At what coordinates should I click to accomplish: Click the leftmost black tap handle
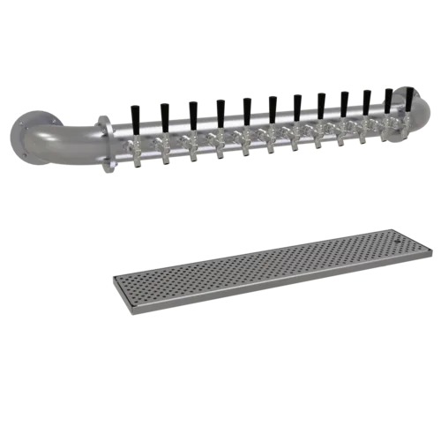click(134, 114)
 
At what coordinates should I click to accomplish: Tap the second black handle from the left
click(162, 112)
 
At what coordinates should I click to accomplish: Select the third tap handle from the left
click(191, 110)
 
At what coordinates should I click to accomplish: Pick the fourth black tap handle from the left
click(220, 108)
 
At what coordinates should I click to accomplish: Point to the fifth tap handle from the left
click(246, 107)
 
